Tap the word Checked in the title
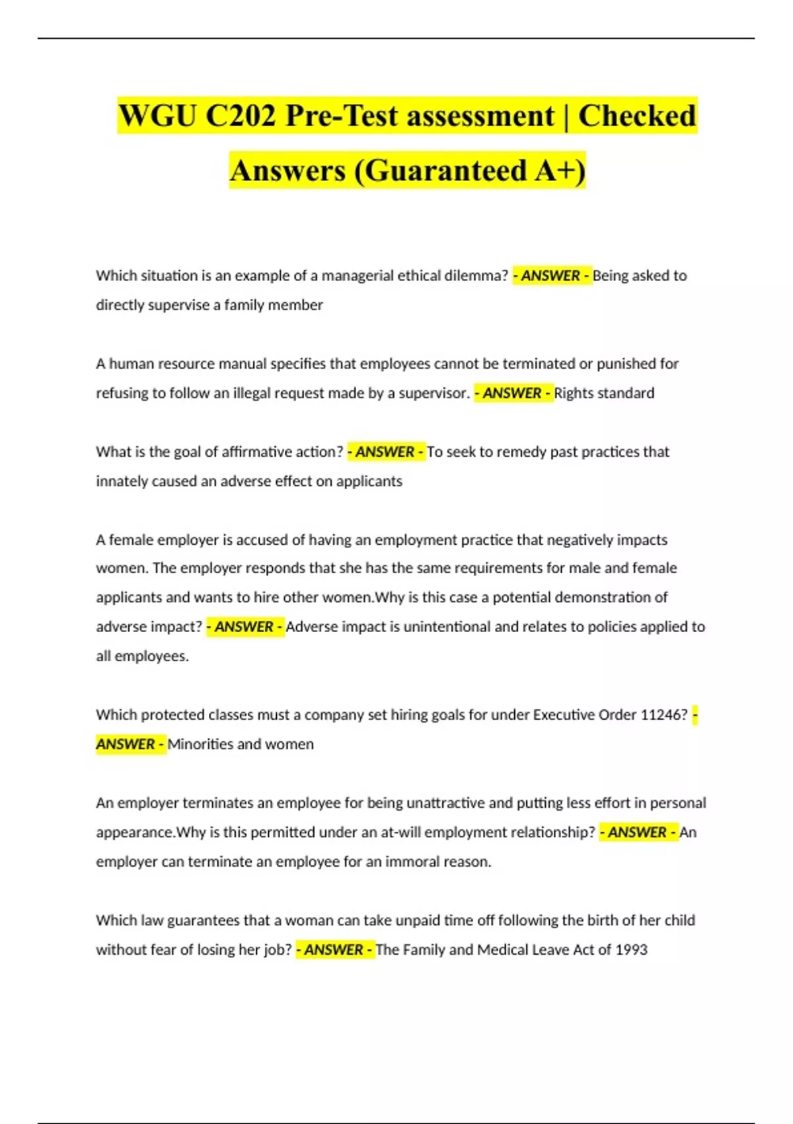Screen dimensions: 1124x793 pyautogui.click(x=637, y=116)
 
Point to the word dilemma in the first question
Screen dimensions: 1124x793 pyautogui.click(x=476, y=276)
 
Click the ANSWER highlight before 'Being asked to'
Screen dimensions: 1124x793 pyautogui.click(x=552, y=276)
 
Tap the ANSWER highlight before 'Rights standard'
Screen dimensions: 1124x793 pyautogui.click(x=513, y=393)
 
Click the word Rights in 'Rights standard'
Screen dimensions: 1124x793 pyautogui.click(x=574, y=393)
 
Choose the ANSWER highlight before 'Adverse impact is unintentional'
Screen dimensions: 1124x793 pyautogui.click(x=245, y=627)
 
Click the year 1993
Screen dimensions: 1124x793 pyautogui.click(x=631, y=949)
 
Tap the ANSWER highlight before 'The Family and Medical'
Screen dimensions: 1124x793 pyautogui.click(x=334, y=949)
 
